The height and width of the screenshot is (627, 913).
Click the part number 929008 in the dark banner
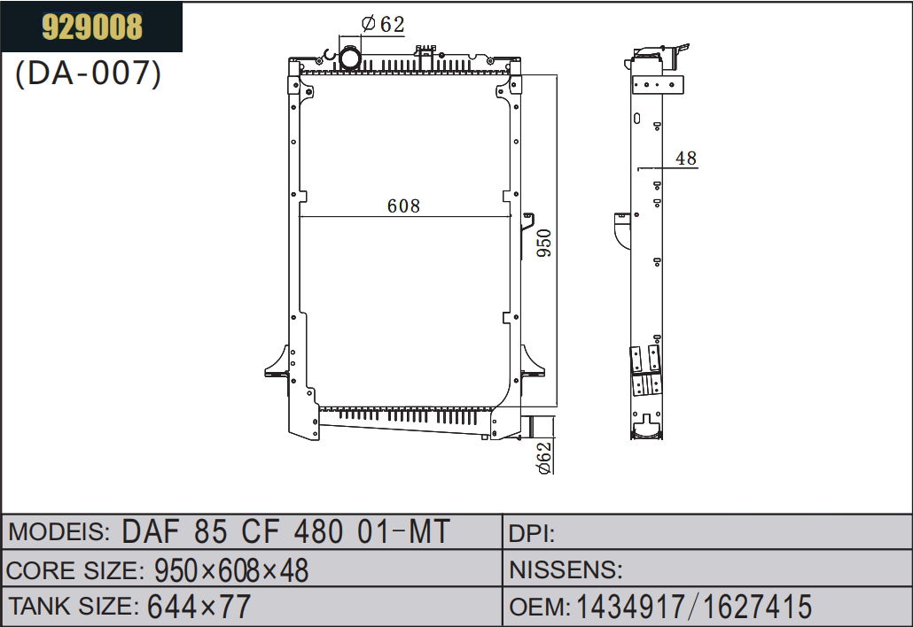[x=92, y=27]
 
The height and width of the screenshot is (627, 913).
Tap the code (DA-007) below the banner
[x=88, y=74]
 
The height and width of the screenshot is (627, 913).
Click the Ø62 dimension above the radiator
[x=383, y=24]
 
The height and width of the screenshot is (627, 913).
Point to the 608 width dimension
[x=403, y=205]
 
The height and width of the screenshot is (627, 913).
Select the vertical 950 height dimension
[x=544, y=244]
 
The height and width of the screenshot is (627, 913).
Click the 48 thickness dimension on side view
[x=686, y=159]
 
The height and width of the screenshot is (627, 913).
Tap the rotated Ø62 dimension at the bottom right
[x=544, y=459]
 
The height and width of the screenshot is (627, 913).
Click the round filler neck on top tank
[x=350, y=58]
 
